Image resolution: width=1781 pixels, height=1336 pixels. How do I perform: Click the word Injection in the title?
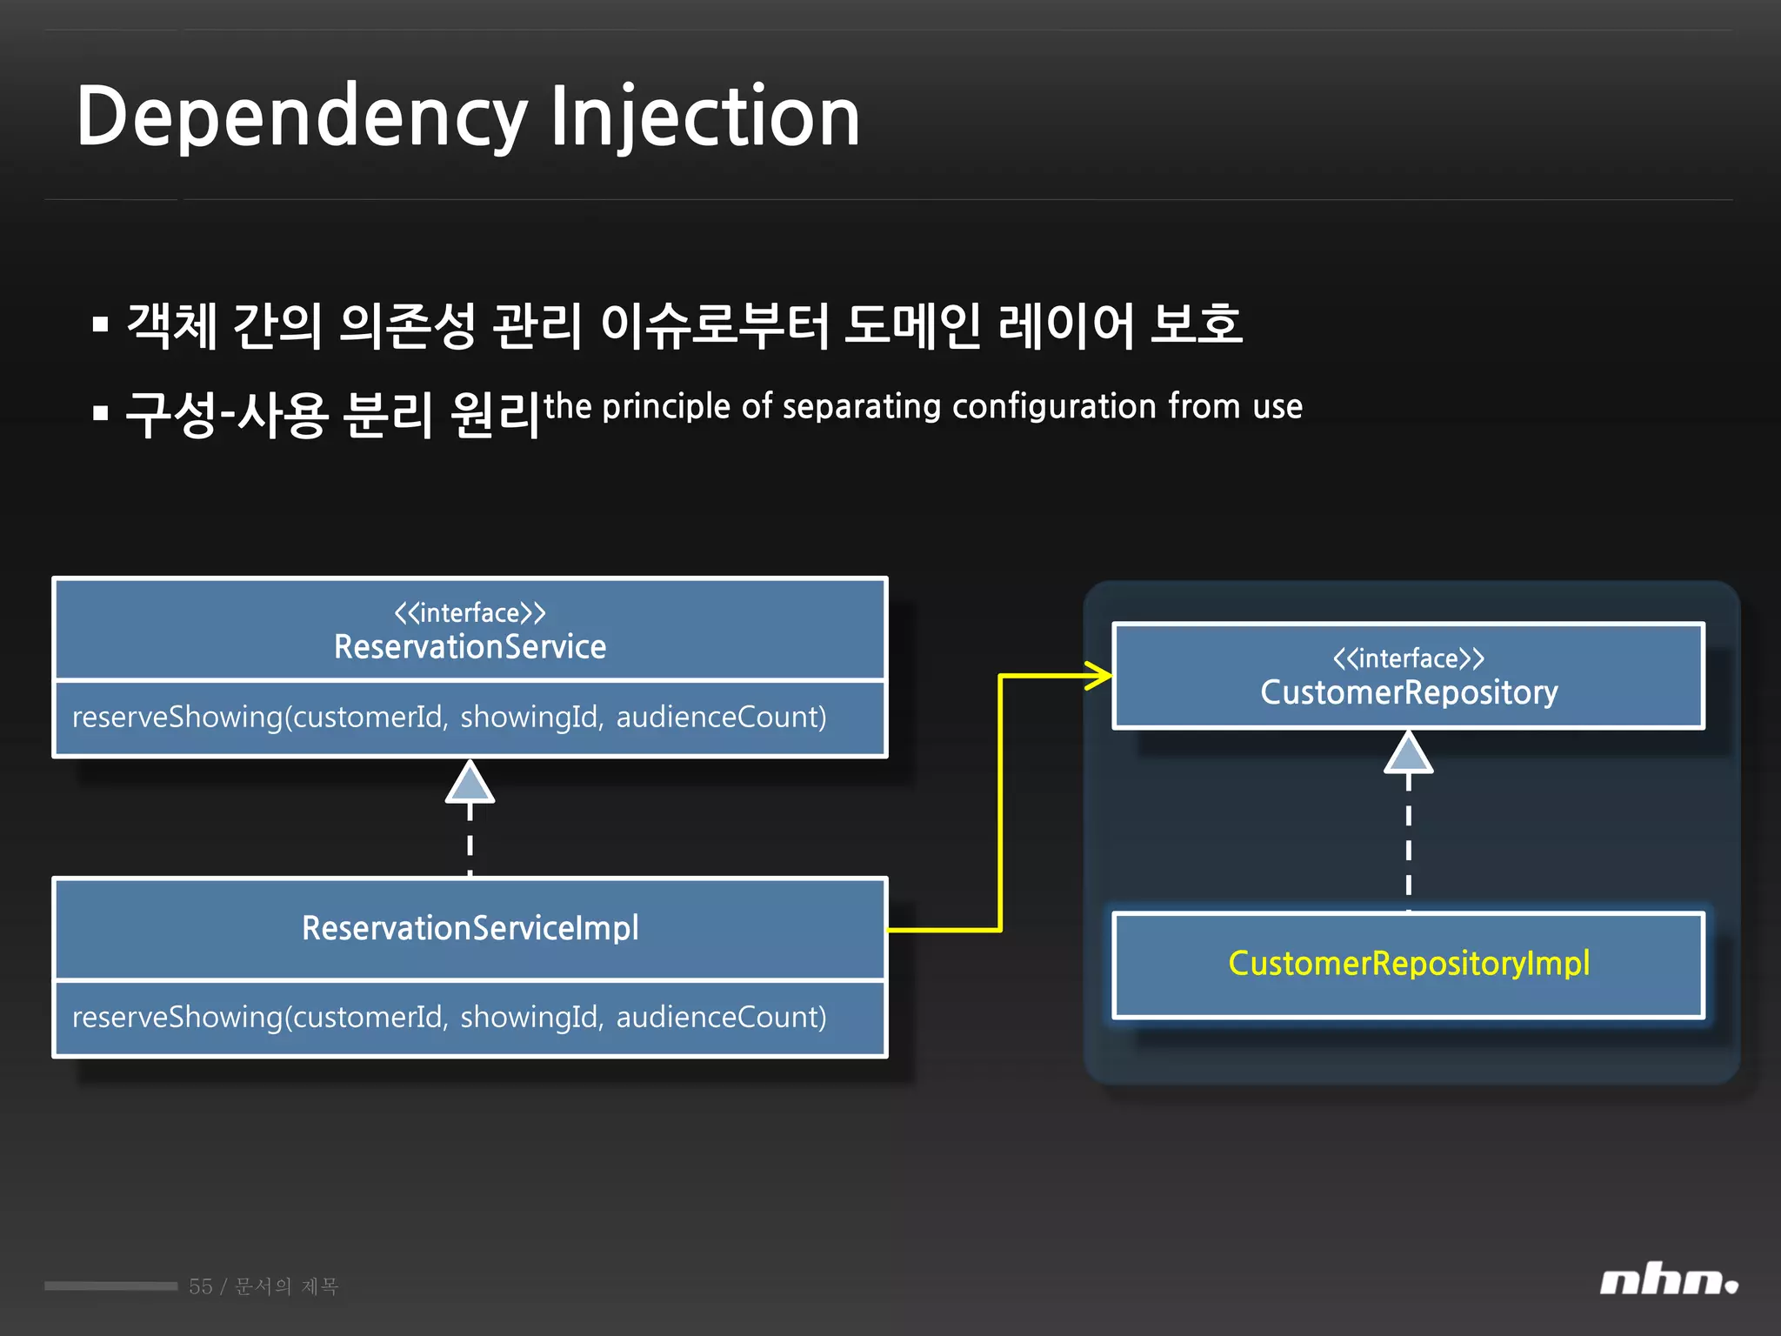[x=705, y=117]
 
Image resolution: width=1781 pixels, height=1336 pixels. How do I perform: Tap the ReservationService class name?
[x=470, y=647]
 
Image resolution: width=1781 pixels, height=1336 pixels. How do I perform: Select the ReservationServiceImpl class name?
[x=470, y=928]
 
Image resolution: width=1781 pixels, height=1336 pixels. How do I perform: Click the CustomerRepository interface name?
[x=1409, y=692]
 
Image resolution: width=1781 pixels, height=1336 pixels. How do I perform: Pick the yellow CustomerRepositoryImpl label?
[x=1409, y=964]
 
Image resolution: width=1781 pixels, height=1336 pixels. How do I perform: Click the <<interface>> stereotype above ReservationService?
[x=470, y=613]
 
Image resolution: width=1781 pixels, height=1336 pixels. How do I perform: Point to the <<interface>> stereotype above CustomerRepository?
[x=1409, y=658]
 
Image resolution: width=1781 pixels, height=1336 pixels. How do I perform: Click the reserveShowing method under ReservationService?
[x=449, y=718]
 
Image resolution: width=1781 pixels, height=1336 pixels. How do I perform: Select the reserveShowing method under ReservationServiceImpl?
[x=449, y=1018]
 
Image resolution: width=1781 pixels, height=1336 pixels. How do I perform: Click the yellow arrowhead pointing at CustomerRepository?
[x=1100, y=676]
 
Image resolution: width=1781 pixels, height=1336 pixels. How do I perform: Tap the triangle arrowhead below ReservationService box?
[x=470, y=783]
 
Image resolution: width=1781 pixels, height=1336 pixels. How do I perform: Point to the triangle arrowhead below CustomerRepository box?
[x=1409, y=753]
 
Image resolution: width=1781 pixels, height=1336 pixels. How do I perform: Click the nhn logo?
[x=1668, y=1281]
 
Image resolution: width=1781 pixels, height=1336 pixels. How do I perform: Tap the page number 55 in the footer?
[x=201, y=1286]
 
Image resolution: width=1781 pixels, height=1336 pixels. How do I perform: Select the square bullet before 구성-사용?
[x=101, y=413]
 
